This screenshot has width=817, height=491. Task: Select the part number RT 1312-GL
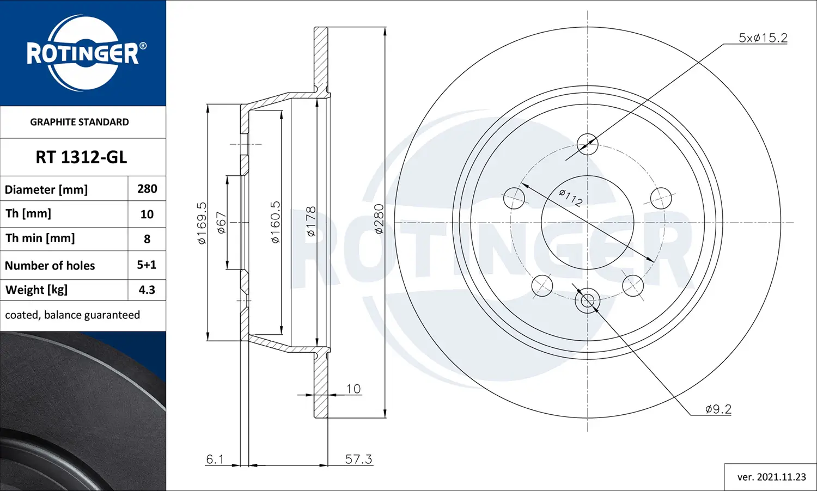pyautogui.click(x=81, y=157)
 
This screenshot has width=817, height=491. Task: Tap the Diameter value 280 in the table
pyautogui.click(x=147, y=189)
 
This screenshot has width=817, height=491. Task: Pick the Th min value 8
pyautogui.click(x=147, y=239)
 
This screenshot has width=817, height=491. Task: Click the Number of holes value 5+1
pyautogui.click(x=147, y=265)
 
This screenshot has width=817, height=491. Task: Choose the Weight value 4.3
pyautogui.click(x=147, y=290)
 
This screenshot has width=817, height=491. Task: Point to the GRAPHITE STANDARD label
pyautogui.click(x=80, y=122)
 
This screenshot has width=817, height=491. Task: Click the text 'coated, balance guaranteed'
pyautogui.click(x=72, y=315)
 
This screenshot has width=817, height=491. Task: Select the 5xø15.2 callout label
pyautogui.click(x=763, y=38)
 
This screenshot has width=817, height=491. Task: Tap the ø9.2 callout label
pyautogui.click(x=718, y=409)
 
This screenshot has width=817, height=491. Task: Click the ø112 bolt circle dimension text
pyautogui.click(x=571, y=198)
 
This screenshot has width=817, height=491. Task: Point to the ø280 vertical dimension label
pyautogui.click(x=379, y=219)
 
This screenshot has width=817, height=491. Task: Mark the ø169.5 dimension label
pyautogui.click(x=202, y=223)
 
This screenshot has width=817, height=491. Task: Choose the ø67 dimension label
pyautogui.click(x=221, y=223)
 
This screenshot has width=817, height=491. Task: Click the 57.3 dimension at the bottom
pyautogui.click(x=358, y=459)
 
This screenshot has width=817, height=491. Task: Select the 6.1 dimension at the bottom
pyautogui.click(x=215, y=459)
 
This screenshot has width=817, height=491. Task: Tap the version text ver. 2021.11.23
pyautogui.click(x=771, y=477)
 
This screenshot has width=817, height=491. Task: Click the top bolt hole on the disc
pyautogui.click(x=587, y=144)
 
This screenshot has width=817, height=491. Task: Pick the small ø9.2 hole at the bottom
pyautogui.click(x=587, y=300)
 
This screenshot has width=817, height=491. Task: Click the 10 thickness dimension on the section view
pyautogui.click(x=353, y=389)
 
